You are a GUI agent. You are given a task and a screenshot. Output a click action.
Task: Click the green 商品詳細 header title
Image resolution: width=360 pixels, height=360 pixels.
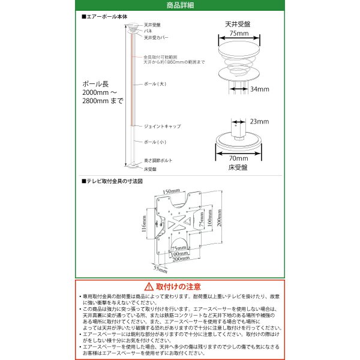pyautogui.click(x=179, y=5)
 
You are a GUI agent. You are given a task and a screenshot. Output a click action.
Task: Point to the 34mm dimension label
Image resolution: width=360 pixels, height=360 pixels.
pyautogui.click(x=259, y=89)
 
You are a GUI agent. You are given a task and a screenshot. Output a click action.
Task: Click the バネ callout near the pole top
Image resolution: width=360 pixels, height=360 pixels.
pyautogui.click(x=148, y=30)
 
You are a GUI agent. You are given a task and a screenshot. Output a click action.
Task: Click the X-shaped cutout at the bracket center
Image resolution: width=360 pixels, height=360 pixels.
pyautogui.click(x=178, y=226)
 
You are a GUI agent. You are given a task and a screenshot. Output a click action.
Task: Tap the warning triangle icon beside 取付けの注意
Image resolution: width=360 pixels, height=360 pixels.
pyautogui.click(x=148, y=287)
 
